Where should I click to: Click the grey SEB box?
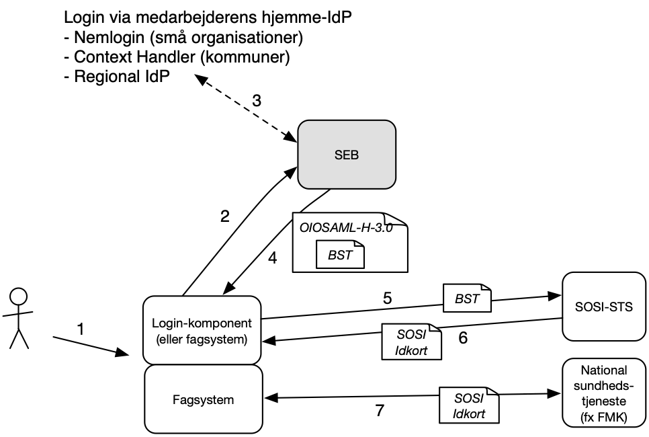(346, 154)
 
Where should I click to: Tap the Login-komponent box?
(202, 330)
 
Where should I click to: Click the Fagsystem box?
(202, 399)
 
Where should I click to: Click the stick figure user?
(19, 318)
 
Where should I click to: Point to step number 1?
(81, 329)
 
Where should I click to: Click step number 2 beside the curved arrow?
(225, 216)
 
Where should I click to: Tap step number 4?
(272, 258)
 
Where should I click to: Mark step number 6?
(463, 337)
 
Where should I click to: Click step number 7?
(380, 410)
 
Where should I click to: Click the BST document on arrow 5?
(467, 298)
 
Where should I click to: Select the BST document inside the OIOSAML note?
(340, 255)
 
